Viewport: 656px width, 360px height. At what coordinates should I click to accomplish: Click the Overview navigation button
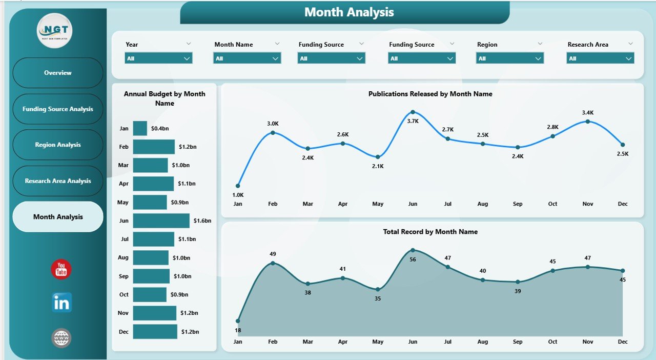[x=58, y=73]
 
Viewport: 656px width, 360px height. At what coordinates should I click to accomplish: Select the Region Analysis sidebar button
[x=58, y=145]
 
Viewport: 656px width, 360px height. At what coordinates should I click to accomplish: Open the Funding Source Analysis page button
[x=58, y=109]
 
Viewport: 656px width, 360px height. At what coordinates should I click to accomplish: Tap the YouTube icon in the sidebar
[x=61, y=269]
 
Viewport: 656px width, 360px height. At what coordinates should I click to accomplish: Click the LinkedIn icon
[x=61, y=303]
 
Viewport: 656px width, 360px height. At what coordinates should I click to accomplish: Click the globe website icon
[x=61, y=338]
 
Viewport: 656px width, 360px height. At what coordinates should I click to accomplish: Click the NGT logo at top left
[x=55, y=31]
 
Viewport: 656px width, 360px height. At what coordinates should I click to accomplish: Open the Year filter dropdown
[x=158, y=58]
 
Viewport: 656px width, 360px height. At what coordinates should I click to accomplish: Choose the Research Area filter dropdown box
[x=600, y=58]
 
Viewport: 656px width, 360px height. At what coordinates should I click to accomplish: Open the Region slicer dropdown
[x=510, y=58]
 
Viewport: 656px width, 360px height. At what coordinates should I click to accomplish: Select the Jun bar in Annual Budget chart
[x=161, y=221]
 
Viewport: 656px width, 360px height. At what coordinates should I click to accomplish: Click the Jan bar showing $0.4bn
[x=140, y=128]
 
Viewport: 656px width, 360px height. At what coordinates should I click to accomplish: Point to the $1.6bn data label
[x=202, y=221]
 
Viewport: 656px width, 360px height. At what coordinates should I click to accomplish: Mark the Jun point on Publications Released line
[x=413, y=112]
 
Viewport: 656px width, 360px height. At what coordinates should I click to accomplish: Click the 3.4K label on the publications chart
[x=588, y=112]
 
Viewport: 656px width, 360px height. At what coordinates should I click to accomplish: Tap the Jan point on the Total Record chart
[x=238, y=321]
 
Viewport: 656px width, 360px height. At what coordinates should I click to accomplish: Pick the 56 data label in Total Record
[x=413, y=260]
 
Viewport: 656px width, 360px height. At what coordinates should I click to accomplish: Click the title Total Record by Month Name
[x=430, y=232]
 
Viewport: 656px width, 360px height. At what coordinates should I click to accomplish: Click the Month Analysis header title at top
[x=349, y=12]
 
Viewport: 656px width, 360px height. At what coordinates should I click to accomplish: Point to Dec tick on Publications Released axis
[x=623, y=204]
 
